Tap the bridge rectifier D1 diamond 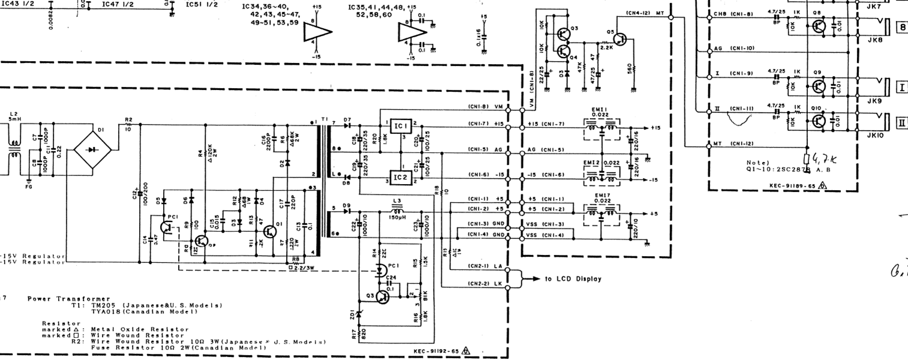(91, 149)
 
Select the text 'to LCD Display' (573, 279)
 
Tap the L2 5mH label (14, 116)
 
